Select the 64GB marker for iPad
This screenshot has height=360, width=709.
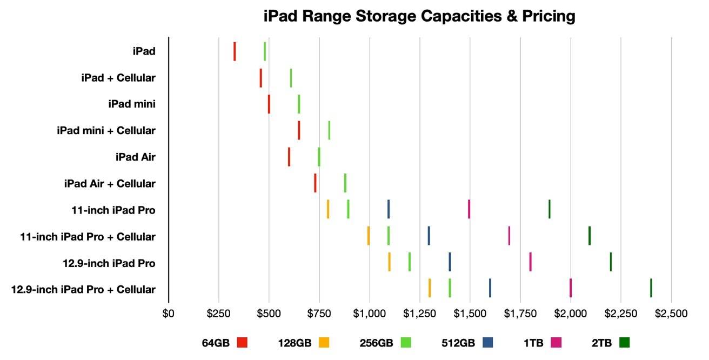(x=235, y=51)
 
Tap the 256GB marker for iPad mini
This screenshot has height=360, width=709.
(x=299, y=104)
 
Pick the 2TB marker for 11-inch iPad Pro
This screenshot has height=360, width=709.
(x=549, y=209)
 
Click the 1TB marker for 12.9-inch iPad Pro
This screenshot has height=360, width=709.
(x=530, y=262)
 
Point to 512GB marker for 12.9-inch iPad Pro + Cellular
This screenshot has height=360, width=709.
(x=490, y=288)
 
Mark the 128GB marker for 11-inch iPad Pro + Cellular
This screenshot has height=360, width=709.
(x=369, y=236)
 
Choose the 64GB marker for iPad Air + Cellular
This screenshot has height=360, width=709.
(x=315, y=183)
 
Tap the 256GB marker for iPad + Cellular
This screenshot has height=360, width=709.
(x=291, y=78)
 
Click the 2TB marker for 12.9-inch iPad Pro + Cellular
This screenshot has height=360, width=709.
(x=651, y=288)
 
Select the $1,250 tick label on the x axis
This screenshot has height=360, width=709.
(x=419, y=314)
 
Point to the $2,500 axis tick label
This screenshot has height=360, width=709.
(x=670, y=314)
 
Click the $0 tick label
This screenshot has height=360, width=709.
(x=169, y=314)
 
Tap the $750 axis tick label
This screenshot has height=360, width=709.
(x=319, y=314)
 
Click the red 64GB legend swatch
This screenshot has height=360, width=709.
(x=242, y=342)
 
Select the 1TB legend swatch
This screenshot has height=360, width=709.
(x=556, y=342)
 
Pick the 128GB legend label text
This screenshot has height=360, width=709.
(x=296, y=342)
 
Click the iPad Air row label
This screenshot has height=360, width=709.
(x=135, y=157)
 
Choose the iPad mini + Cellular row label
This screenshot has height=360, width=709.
(x=106, y=130)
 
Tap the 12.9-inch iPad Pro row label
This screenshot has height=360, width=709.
(x=109, y=263)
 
